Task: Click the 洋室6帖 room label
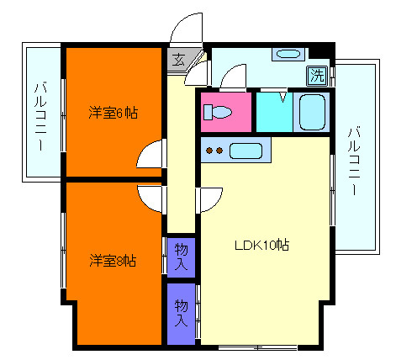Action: click(x=114, y=112)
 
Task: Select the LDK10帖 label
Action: click(x=261, y=246)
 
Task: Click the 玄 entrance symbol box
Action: click(x=180, y=59)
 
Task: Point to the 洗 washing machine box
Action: click(x=317, y=75)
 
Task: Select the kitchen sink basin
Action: click(x=246, y=151)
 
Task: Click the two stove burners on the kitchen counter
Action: click(x=215, y=151)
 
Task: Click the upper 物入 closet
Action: click(x=181, y=255)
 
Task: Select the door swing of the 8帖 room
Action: click(x=152, y=199)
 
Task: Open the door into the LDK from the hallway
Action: click(x=209, y=199)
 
